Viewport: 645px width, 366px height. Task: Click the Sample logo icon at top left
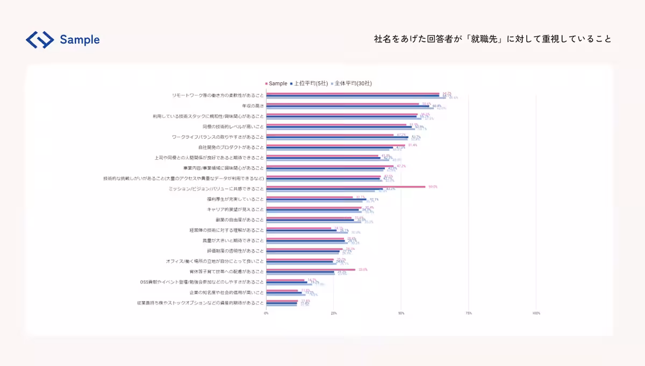pyautogui.click(x=40, y=39)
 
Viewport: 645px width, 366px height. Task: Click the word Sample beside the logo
pyautogui.click(x=80, y=39)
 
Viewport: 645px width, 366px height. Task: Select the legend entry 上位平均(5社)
pyautogui.click(x=311, y=83)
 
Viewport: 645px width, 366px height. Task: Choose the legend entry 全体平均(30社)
pyautogui.click(x=353, y=83)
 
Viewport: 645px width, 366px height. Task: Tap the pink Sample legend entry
pyautogui.click(x=277, y=83)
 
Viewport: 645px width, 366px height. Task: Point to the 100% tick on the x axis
pyautogui.click(x=536, y=313)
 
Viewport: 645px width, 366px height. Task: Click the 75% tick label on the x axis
pyautogui.click(x=468, y=313)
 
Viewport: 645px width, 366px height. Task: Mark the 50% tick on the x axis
pyautogui.click(x=401, y=313)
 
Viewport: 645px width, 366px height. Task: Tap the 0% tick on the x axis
pyautogui.click(x=267, y=313)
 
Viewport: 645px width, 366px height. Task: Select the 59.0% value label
pyautogui.click(x=432, y=187)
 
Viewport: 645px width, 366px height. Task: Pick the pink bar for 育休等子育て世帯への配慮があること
pyautogui.click(x=311, y=269)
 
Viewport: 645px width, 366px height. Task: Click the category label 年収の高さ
pyautogui.click(x=253, y=106)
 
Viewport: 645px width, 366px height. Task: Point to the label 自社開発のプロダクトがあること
pyautogui.click(x=231, y=147)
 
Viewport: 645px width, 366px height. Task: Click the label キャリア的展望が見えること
pyautogui.click(x=235, y=209)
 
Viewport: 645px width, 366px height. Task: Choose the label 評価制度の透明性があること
pyautogui.click(x=235, y=251)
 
